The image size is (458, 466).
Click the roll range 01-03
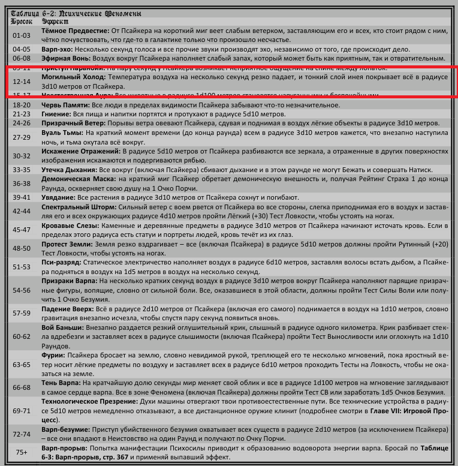coord(21,35)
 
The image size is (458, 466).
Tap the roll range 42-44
coord(21,211)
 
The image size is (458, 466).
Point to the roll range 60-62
coord(21,337)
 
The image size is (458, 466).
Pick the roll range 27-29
coord(21,137)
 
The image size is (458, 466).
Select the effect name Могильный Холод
coord(73,77)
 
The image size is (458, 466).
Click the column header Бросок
coord(23,20)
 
